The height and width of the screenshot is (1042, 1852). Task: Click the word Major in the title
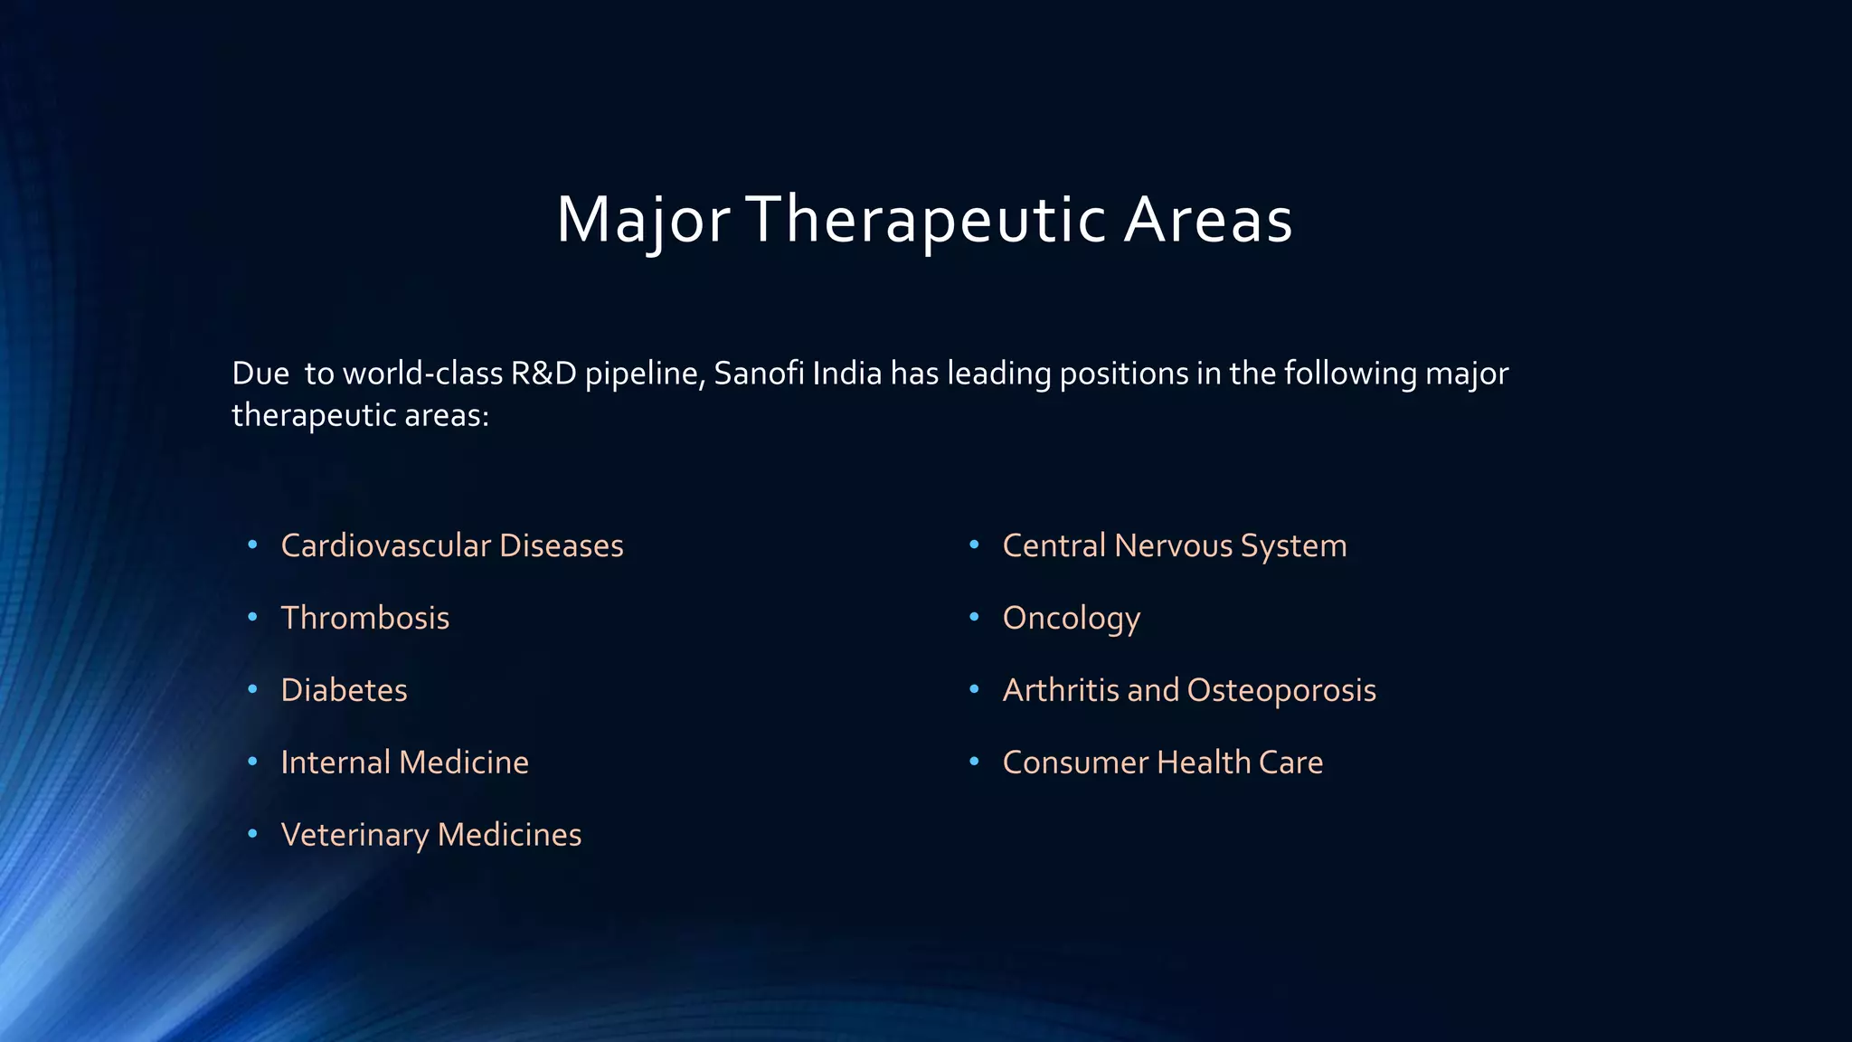[x=643, y=220]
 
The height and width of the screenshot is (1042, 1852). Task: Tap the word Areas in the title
[x=1208, y=220]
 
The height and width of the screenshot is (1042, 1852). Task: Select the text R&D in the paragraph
[x=543, y=374]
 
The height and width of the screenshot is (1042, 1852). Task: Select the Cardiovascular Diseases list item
[x=451, y=545]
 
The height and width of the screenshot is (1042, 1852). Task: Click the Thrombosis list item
[x=364, y=618]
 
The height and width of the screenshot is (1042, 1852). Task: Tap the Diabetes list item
[x=344, y=690]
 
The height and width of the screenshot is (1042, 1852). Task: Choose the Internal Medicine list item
[x=404, y=763]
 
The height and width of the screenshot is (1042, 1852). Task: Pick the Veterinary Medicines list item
[x=430, y=835]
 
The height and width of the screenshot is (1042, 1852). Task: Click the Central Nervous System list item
[x=1174, y=545]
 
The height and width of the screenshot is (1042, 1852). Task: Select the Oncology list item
[x=1071, y=619]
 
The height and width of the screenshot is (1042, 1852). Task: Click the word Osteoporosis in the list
[x=1280, y=690]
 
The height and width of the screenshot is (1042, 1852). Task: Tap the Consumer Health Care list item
[x=1162, y=763]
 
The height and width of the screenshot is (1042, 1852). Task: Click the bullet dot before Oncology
[x=974, y=617]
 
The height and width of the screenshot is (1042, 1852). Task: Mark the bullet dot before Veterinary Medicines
[x=252, y=833]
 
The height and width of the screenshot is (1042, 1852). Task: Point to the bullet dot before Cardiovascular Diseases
[x=252, y=545]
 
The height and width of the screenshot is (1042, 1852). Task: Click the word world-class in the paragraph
[x=422, y=374]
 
